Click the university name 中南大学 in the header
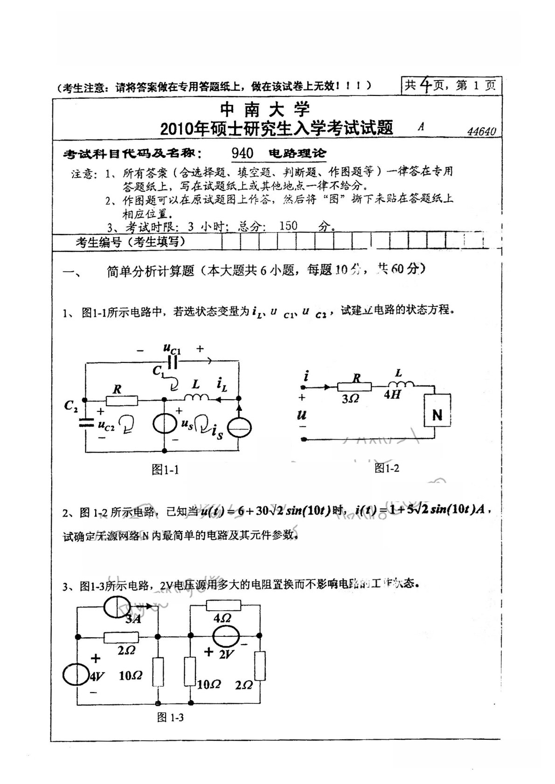(264, 109)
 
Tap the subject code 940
(243, 153)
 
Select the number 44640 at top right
(482, 132)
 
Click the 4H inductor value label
(393, 395)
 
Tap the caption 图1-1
(165, 470)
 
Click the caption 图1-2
(387, 468)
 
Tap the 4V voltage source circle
(76, 675)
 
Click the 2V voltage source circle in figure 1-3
(227, 637)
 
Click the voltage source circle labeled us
(165, 424)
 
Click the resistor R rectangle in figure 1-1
(122, 400)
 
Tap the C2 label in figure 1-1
(71, 406)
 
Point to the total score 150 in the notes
(288, 226)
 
